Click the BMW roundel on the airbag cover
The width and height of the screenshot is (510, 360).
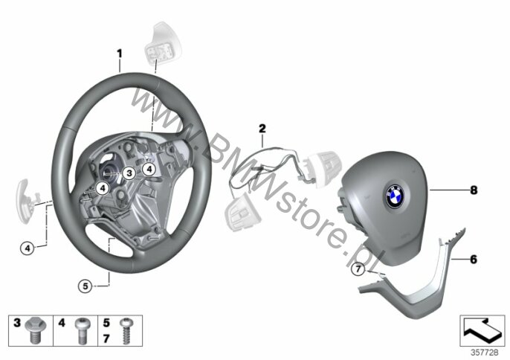point(395,196)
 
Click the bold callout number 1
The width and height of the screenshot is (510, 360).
point(120,53)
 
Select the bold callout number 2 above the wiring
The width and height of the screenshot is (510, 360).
point(262,128)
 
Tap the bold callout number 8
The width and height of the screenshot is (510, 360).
point(474,190)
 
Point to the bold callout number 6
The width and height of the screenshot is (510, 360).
point(474,259)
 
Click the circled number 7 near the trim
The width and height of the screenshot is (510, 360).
point(358,269)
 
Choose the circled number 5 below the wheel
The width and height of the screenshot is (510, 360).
point(85,286)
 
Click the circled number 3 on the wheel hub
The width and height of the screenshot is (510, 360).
point(129,173)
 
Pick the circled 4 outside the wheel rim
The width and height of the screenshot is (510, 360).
point(28,248)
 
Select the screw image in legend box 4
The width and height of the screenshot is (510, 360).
point(82,331)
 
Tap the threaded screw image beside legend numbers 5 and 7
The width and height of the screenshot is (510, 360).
point(126,331)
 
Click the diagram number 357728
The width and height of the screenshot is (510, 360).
point(484,353)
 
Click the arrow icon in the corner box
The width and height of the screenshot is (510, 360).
point(482,330)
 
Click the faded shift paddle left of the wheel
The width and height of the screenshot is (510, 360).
point(28,202)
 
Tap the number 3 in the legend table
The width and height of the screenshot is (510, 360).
point(17,323)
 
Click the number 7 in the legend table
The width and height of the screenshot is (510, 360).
point(106,339)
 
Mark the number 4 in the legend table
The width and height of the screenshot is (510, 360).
point(62,323)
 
